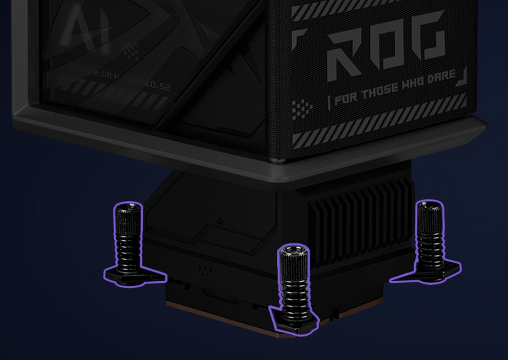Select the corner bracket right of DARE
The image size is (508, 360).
(x=462, y=79)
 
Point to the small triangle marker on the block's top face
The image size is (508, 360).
(x=220, y=221)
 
